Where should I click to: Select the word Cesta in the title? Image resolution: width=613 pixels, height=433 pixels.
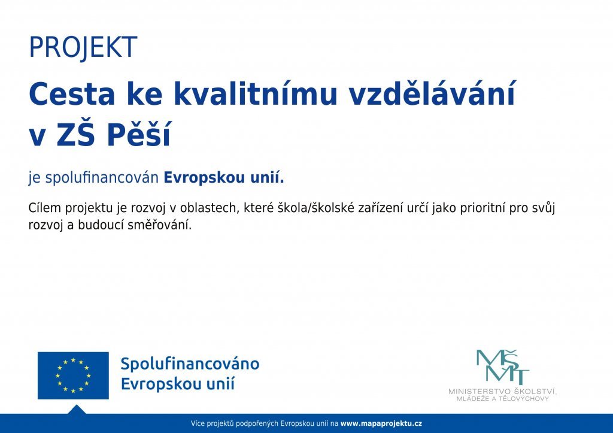72,94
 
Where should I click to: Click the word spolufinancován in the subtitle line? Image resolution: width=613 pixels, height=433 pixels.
102,178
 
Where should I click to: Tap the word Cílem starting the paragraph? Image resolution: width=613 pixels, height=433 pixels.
45,208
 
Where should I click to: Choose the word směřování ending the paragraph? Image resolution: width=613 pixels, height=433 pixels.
160,225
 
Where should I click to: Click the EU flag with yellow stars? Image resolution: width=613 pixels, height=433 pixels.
73,376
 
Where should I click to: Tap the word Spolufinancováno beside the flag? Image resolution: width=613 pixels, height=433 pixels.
190,364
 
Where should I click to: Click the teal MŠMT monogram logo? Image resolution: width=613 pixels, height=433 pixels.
503,367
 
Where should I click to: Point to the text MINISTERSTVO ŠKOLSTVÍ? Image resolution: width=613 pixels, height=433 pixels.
503,392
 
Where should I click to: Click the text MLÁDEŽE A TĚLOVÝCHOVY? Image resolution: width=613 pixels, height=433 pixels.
503,399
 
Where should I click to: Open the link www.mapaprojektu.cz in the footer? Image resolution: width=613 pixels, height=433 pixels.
381,423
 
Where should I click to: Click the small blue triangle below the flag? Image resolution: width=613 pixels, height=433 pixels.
77,410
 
